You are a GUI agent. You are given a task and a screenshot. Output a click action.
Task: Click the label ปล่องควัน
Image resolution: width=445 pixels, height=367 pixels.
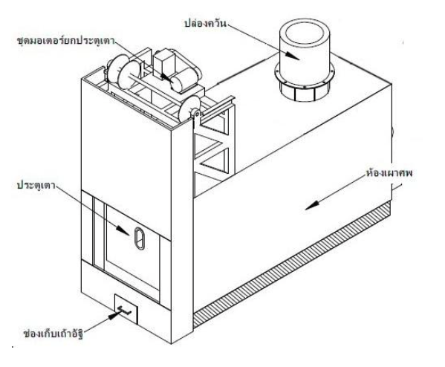[x=206, y=23]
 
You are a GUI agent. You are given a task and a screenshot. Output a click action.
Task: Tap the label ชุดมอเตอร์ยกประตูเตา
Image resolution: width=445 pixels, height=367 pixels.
[x=66, y=41]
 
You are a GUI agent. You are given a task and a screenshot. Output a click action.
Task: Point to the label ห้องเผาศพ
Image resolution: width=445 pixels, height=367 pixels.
[x=389, y=172]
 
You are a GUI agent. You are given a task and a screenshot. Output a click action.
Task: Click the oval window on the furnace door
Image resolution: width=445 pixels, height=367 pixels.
[x=140, y=238]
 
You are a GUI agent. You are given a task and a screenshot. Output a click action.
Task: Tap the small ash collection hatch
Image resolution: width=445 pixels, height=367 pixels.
[x=126, y=309]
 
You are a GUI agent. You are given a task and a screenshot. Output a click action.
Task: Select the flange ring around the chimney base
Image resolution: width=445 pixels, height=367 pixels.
[x=305, y=74]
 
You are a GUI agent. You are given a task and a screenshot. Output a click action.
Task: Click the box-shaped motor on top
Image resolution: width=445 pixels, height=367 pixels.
[x=163, y=63]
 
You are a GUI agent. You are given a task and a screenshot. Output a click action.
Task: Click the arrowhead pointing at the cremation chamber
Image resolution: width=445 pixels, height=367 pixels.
[x=311, y=205]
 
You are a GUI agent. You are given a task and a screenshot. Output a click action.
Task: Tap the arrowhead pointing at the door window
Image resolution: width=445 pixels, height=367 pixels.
[x=123, y=230]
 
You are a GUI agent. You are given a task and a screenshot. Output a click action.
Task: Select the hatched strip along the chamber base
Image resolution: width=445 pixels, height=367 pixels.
[x=292, y=264]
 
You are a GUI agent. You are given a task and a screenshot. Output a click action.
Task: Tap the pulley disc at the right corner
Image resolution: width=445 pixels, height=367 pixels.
[x=189, y=109]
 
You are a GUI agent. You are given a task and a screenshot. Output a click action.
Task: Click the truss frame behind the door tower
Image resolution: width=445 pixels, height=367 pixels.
[x=214, y=148]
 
